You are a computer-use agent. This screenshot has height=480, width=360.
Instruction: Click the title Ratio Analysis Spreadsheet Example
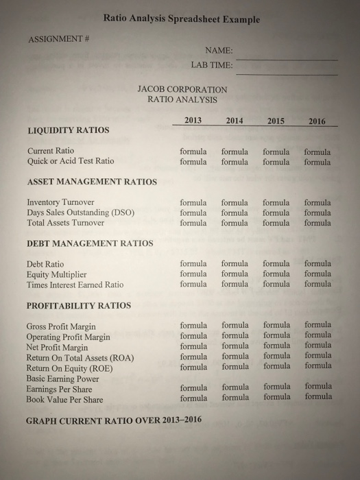182,20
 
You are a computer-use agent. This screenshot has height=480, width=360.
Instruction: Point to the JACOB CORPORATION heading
182,89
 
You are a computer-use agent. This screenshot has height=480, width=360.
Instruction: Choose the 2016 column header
317,121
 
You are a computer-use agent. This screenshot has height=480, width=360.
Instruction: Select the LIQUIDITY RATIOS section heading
67,130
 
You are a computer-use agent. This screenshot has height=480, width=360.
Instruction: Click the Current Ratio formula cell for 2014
235,152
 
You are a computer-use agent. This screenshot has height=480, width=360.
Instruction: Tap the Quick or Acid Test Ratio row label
70,162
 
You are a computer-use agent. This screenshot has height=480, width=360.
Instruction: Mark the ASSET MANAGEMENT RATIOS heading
92,182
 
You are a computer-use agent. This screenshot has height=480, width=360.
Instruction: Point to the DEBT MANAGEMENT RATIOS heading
90,243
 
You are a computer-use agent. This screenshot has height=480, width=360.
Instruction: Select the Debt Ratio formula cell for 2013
193,263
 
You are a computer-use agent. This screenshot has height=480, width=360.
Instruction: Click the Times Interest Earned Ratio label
75,285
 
